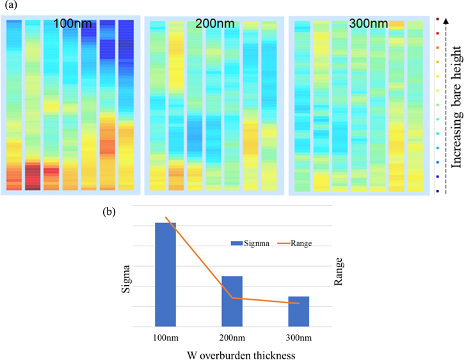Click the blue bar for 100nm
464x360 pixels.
[x=166, y=274]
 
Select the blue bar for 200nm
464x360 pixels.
[x=232, y=301]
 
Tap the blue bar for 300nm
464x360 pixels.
[x=298, y=311]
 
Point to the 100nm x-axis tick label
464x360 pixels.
[x=166, y=338]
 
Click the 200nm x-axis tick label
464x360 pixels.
[x=232, y=338]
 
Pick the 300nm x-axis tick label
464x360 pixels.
[x=298, y=338]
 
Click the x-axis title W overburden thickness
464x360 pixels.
[x=232, y=354]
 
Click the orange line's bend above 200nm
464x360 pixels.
[x=232, y=297]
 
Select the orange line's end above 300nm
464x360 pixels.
[x=298, y=304]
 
